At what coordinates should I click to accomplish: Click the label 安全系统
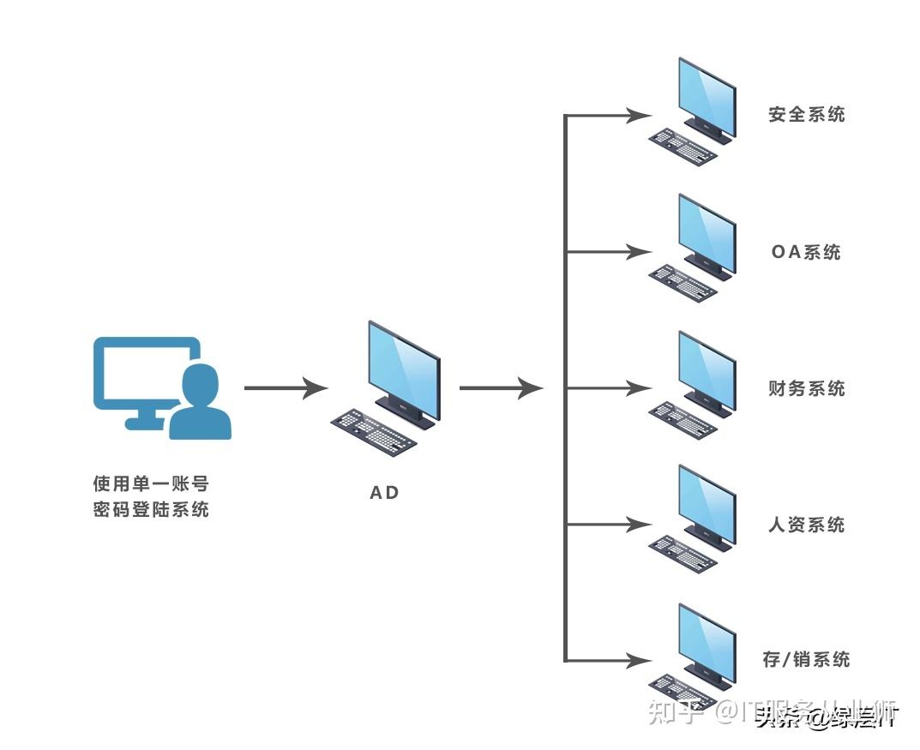click(x=806, y=114)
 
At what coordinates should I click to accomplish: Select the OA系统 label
click(x=806, y=252)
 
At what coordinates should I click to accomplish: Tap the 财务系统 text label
click(x=806, y=388)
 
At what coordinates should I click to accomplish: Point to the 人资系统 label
click(x=806, y=525)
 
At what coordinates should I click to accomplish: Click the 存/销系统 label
click(x=806, y=659)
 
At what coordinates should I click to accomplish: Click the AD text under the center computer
click(x=384, y=493)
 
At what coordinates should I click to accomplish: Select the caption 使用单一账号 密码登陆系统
click(x=151, y=497)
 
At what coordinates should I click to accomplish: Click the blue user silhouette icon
click(x=201, y=403)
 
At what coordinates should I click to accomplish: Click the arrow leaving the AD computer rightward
click(x=501, y=388)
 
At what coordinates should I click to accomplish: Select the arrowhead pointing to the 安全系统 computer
click(x=639, y=115)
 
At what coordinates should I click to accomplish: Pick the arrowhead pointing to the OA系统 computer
click(x=639, y=252)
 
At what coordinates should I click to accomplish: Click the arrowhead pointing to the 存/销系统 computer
click(x=639, y=661)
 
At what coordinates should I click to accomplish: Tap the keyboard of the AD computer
click(x=374, y=429)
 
